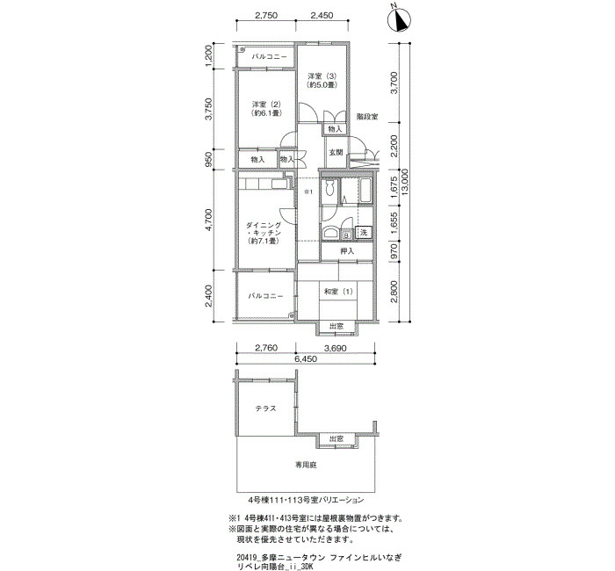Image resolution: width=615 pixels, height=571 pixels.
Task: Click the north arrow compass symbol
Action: click(x=399, y=20)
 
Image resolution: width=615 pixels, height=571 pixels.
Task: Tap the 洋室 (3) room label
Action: click(x=322, y=80)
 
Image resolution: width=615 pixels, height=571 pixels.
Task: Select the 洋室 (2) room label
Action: click(x=267, y=109)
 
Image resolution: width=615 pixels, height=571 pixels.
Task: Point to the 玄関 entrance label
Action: click(x=336, y=153)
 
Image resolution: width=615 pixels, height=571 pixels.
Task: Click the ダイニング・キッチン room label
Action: click(x=264, y=233)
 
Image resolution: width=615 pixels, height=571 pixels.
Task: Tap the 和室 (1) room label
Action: click(x=338, y=292)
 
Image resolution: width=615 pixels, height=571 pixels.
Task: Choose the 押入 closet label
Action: click(x=347, y=251)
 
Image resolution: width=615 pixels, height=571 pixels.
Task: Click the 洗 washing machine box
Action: click(x=364, y=232)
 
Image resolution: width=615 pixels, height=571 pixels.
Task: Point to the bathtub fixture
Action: click(x=365, y=191)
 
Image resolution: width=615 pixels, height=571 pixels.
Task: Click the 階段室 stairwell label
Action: click(x=367, y=117)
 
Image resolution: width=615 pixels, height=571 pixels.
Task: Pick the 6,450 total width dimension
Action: click(x=305, y=358)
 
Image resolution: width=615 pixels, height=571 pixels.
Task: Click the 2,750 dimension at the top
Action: click(x=266, y=16)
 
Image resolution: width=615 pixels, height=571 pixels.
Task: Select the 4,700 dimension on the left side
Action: click(x=209, y=220)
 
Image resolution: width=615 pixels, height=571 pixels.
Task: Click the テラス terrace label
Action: click(x=266, y=408)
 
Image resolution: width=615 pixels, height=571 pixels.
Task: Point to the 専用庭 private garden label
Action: click(x=306, y=465)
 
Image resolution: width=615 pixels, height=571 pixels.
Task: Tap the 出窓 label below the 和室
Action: click(x=336, y=326)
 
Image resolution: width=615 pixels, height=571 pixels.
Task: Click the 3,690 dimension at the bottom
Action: click(x=335, y=348)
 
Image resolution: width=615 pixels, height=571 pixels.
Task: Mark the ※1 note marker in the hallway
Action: click(x=308, y=192)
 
